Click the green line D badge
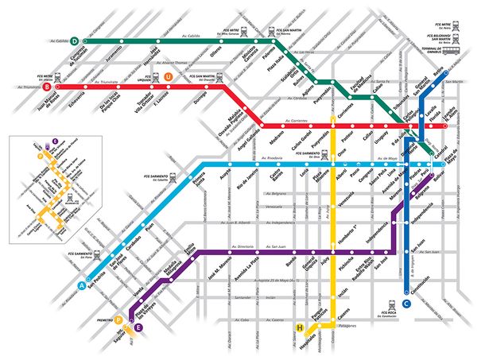click(74, 40)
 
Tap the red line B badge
click(47, 84)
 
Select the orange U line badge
click(167, 76)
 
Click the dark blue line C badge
click(406, 303)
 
